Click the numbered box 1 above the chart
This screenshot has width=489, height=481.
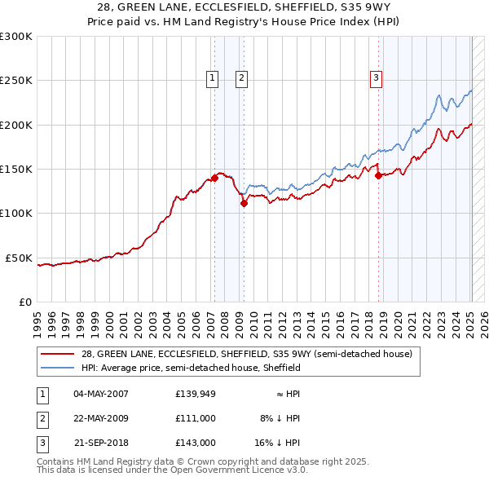[213, 78]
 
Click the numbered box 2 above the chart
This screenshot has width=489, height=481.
[243, 78]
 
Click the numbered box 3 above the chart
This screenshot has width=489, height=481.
[377, 78]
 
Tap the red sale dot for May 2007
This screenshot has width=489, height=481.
[214, 177]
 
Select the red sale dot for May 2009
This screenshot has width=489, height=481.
[244, 204]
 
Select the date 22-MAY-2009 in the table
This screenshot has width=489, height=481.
[101, 418]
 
